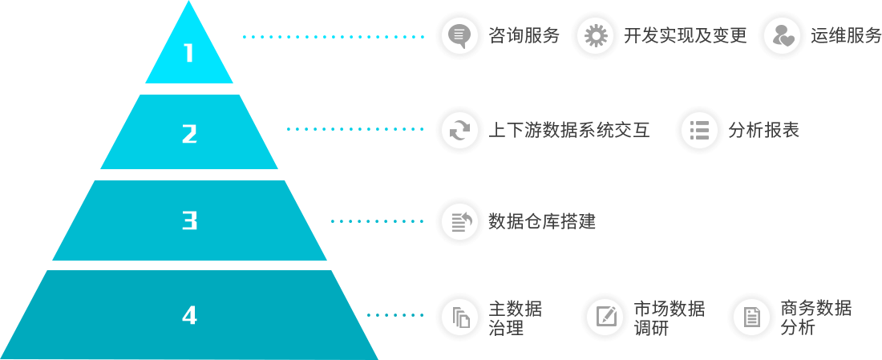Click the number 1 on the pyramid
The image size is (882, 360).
tap(189, 53)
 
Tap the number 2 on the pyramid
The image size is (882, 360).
tap(189, 133)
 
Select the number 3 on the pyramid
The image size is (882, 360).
tap(189, 220)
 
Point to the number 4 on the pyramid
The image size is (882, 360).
tap(189, 315)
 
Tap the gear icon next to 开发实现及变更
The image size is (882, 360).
tap(595, 36)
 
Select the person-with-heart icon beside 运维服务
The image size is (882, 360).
tap(781, 36)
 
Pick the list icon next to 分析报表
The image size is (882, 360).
tap(699, 130)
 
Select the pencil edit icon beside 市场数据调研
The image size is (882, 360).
tap(605, 317)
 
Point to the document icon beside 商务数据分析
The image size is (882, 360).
tap(751, 317)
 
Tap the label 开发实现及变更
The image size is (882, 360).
tap(685, 36)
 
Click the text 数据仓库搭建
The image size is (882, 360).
tap(542, 221)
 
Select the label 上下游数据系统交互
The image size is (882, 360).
tap(569, 130)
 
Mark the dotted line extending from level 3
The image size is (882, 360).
tap(377, 221)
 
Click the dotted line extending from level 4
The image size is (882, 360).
tap(395, 315)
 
